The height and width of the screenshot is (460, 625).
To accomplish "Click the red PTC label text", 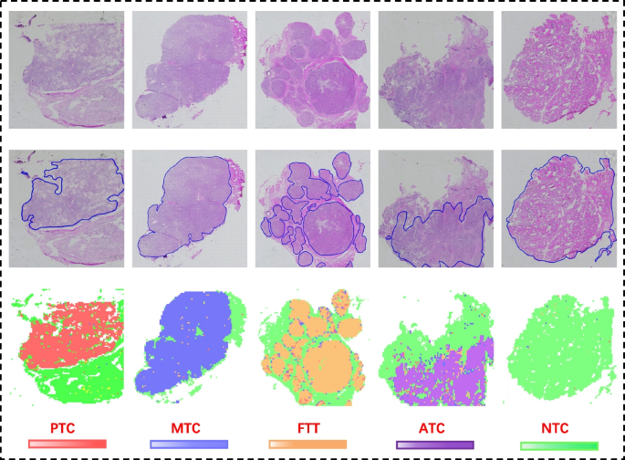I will [68, 427].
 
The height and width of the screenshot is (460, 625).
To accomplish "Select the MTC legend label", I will [187, 427].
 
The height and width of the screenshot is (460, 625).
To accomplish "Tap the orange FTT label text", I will [308, 427].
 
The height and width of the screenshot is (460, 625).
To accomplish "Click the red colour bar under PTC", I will [68, 444].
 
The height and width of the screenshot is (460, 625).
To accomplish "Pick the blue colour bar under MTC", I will [188, 444].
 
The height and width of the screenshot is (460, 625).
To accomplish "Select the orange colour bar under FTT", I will [308, 444].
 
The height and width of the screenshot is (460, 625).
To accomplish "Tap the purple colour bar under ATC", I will [434, 444].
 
